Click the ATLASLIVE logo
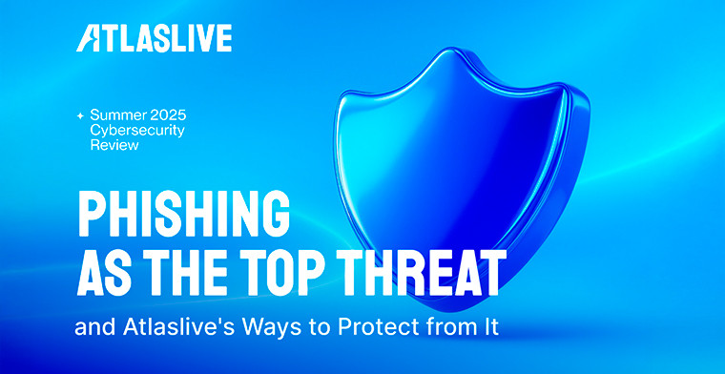pyautogui.click(x=155, y=39)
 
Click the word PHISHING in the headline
pyautogui.click(x=182, y=212)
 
